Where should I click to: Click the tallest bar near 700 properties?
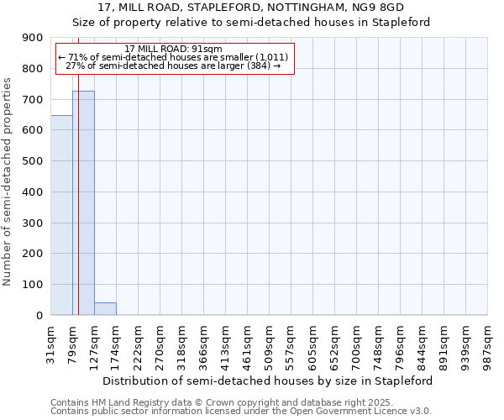click(x=83, y=202)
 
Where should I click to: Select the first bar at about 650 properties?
click(x=61, y=215)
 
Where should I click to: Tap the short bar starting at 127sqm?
click(x=105, y=309)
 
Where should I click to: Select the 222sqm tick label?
click(x=138, y=339)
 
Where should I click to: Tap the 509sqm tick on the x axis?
click(x=269, y=339)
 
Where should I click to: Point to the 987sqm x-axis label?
click(x=487, y=339)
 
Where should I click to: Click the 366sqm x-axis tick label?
click(x=203, y=339)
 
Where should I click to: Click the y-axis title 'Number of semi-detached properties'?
click(x=8, y=181)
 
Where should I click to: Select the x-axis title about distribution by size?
click(x=269, y=381)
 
